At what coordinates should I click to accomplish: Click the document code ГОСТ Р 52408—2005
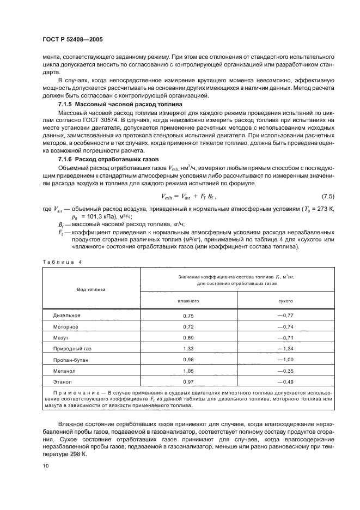(72, 40)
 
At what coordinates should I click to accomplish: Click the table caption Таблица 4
(62, 262)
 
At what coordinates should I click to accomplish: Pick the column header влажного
(188, 301)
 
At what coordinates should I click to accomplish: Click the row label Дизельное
(67, 315)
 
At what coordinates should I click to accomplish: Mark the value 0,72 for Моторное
(188, 327)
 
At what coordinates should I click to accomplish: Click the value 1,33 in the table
(188, 349)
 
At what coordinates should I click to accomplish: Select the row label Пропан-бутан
(69, 360)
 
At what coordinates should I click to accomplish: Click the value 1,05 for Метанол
(188, 371)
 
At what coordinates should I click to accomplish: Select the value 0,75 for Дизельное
(188, 315)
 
